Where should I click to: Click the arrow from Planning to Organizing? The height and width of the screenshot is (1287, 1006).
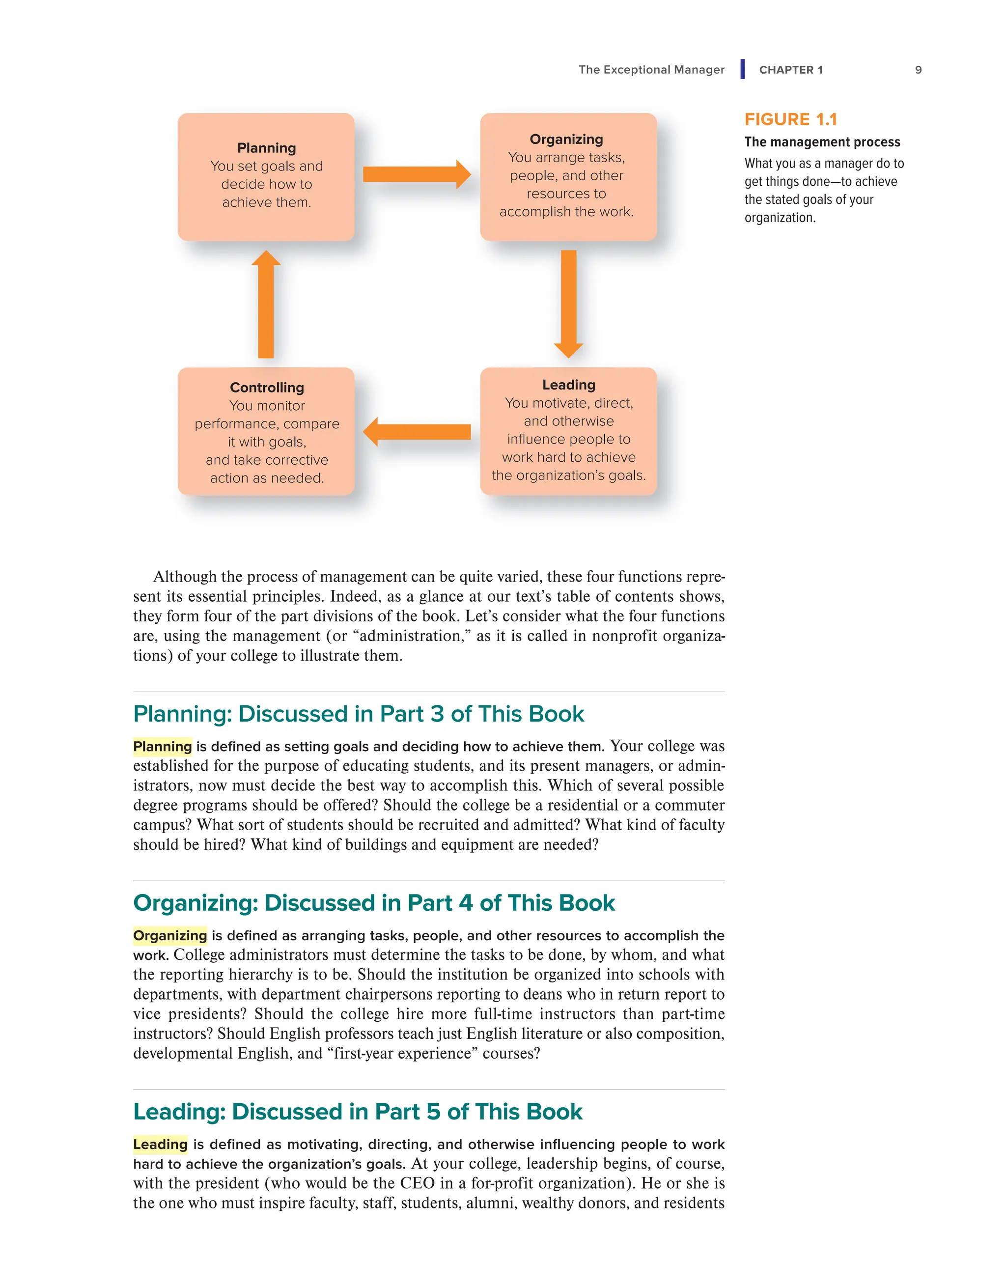[416, 174]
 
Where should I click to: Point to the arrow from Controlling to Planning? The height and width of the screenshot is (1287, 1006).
[266, 304]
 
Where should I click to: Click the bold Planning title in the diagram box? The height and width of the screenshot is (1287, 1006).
[266, 148]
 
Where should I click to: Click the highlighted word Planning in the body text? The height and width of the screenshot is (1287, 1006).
[163, 747]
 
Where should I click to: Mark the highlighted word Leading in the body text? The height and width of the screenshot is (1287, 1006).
[160, 1145]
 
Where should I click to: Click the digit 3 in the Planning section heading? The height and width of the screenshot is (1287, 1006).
[437, 714]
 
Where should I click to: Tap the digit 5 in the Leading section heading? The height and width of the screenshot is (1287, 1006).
[433, 1112]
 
